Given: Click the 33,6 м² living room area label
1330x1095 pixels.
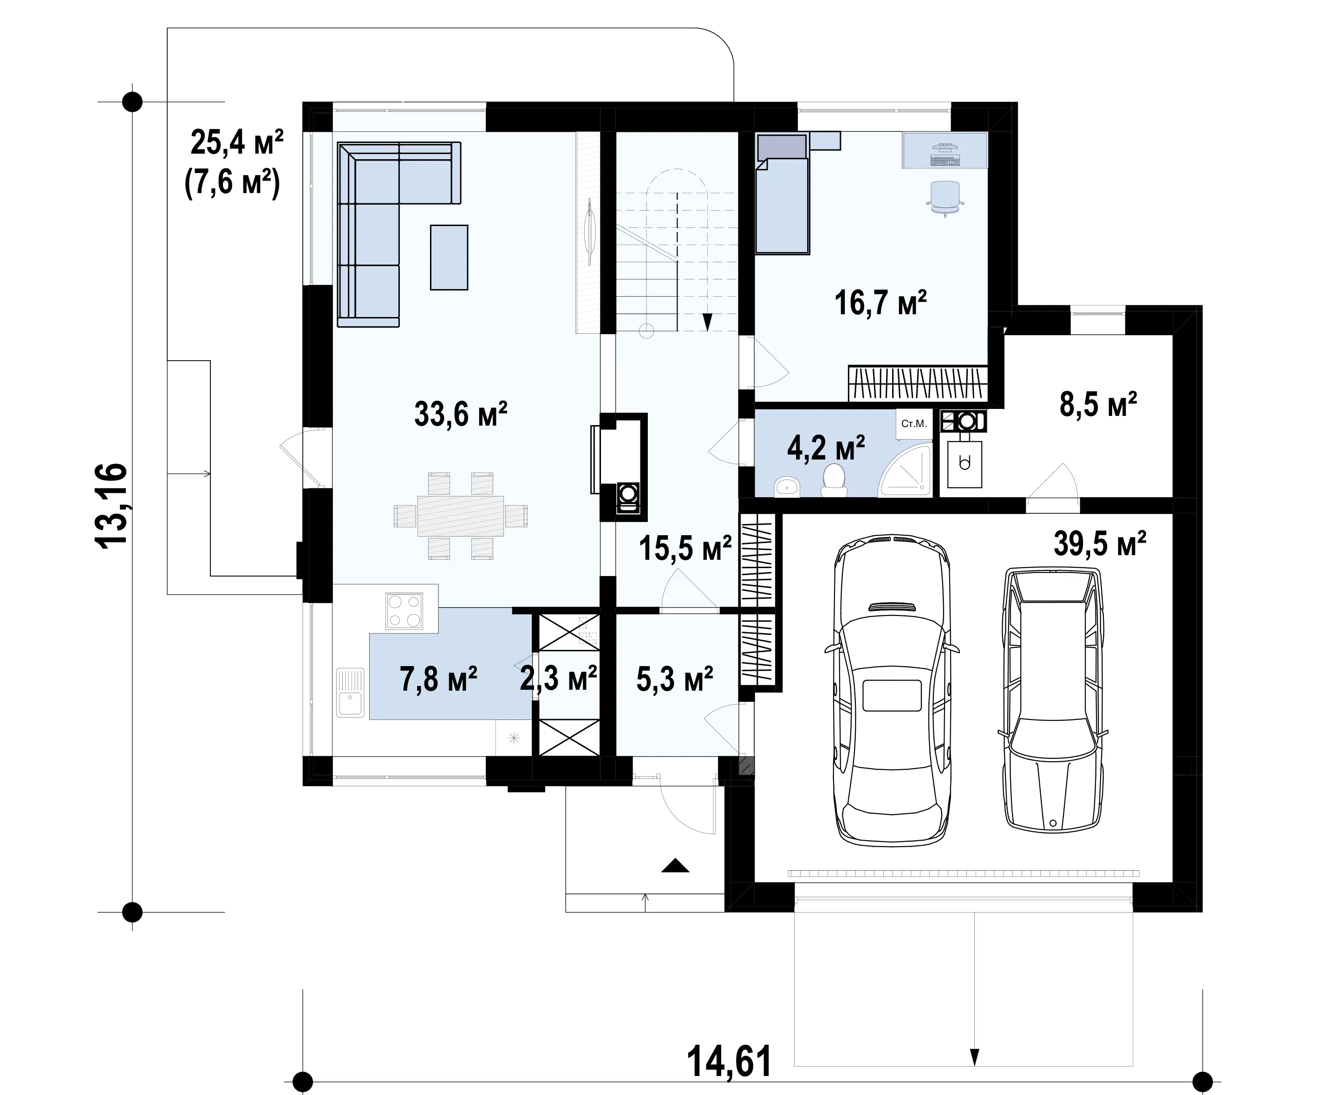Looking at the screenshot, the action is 461,415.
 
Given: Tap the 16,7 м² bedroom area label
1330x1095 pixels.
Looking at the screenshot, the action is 881,303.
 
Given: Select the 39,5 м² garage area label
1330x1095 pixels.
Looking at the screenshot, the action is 1100,544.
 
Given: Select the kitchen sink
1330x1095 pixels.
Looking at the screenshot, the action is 350,693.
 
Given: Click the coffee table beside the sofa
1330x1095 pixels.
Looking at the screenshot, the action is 449,257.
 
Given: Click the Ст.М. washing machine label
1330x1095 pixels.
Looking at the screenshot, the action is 913,424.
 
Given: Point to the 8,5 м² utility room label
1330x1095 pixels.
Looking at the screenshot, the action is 1098,404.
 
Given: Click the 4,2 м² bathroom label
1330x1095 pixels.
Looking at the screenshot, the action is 826,448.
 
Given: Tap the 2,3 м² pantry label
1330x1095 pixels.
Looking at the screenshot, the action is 558,678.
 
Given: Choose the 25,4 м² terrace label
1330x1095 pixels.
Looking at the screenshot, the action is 236,143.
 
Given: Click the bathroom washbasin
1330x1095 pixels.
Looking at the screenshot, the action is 787,486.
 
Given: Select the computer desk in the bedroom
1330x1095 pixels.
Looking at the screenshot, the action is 945,150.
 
